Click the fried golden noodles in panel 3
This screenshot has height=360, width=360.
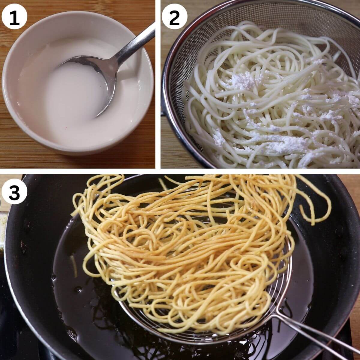180,255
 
